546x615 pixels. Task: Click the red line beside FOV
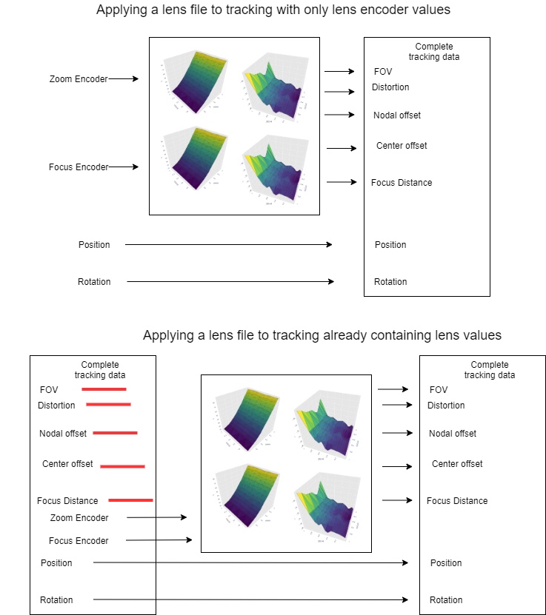(104, 389)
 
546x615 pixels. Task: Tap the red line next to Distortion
(108, 404)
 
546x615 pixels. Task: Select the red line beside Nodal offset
(115, 433)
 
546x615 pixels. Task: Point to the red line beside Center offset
(122, 466)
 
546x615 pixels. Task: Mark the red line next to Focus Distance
(130, 500)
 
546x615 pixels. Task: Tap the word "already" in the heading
(348, 335)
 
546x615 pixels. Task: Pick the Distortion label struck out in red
(56, 405)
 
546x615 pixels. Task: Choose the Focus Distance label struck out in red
(68, 501)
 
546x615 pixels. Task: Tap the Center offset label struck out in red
(67, 464)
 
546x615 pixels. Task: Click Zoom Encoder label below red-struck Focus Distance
(79, 518)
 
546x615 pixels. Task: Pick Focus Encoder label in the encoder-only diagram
(79, 167)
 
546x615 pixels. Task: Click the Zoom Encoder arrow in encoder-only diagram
(123, 78)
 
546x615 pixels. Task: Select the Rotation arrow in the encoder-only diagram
(230, 281)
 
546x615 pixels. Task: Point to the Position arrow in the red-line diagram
(250, 563)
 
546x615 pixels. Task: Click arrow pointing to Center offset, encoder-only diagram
(342, 148)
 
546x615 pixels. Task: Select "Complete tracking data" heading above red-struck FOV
(99, 369)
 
